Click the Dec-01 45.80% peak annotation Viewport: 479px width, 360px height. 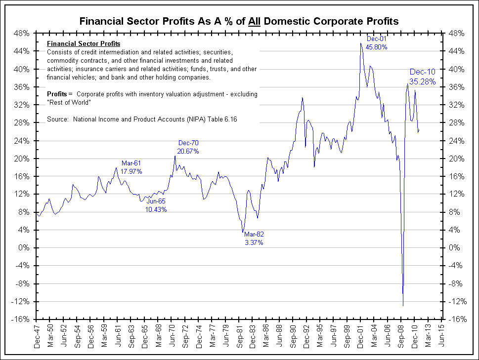pos(376,43)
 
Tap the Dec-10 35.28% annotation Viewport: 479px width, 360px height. pos(422,77)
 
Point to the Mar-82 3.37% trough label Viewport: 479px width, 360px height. pos(254,239)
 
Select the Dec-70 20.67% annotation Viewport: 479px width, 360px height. pos(188,147)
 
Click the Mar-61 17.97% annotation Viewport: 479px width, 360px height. pos(131,167)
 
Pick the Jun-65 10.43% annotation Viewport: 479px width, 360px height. pos(156,205)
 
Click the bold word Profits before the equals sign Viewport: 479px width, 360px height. pos(57,94)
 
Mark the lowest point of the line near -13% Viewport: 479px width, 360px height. pos(403,306)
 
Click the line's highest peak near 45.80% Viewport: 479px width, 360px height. pos(361,43)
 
